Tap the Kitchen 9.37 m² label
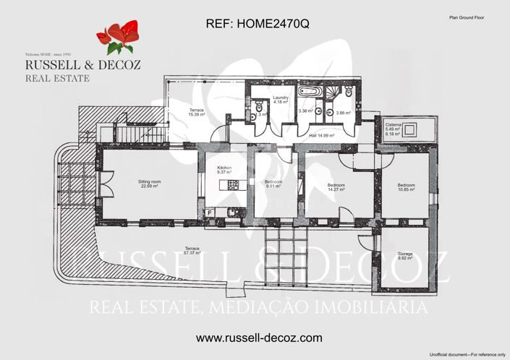pyautogui.click(x=224, y=171)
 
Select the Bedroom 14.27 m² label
pyautogui.click(x=336, y=188)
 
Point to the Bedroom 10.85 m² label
pyautogui.click(x=406, y=188)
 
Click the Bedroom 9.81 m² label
pyautogui.click(x=273, y=183)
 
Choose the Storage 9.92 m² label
pyautogui.click(x=405, y=255)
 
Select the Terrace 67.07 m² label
pyautogui.click(x=192, y=250)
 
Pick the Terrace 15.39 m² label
pyautogui.click(x=196, y=112)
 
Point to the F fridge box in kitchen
pyautogui.click(x=209, y=212)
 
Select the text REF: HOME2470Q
pyautogui.click(x=258, y=24)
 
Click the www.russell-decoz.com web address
pyautogui.click(x=259, y=338)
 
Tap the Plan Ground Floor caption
pyautogui.click(x=467, y=15)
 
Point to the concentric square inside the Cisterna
pyautogui.click(x=412, y=130)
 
